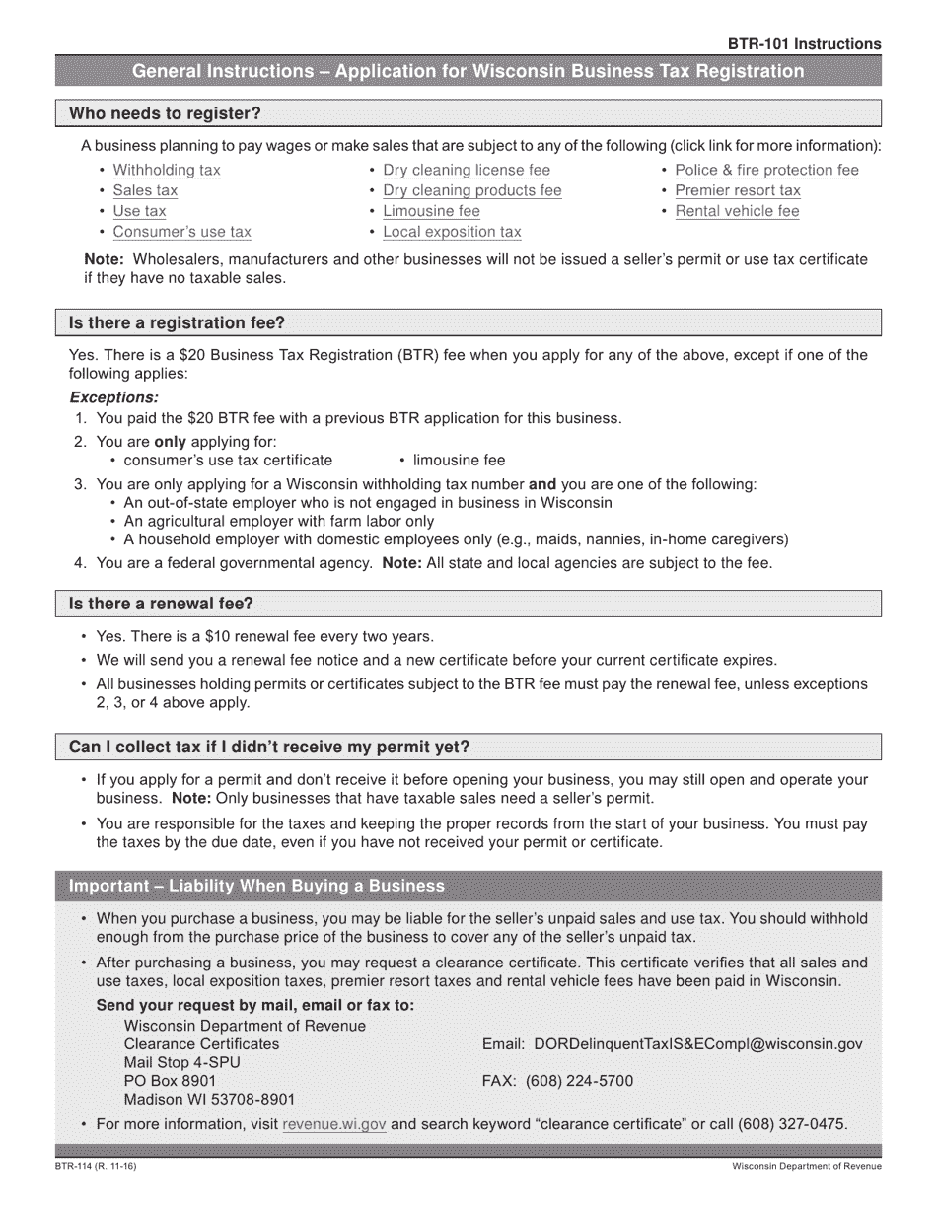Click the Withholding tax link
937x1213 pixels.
(167, 170)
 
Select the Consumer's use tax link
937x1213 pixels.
(181, 232)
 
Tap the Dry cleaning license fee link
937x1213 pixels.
(467, 170)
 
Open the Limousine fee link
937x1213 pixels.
(431, 211)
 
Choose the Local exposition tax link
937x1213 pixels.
(452, 232)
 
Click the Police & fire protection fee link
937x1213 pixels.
(766, 170)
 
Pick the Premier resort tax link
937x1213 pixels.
(738, 190)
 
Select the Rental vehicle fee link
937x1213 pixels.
(737, 211)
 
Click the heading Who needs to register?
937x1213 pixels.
(165, 113)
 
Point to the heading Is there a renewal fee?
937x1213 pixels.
(161, 604)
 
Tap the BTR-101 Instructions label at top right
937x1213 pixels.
(804, 44)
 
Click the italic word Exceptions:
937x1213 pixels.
(113, 397)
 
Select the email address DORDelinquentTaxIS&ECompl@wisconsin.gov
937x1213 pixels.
(697, 1043)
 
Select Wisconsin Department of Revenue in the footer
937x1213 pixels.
(807, 1167)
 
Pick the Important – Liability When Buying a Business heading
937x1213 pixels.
(256, 886)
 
